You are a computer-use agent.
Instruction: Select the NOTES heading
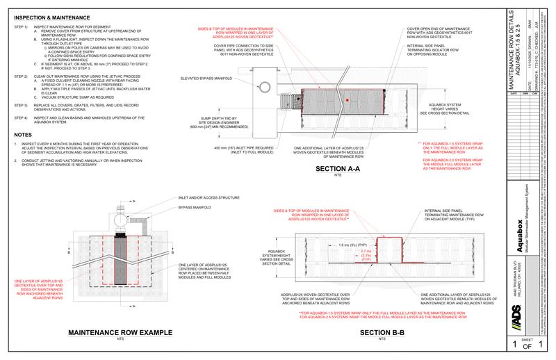[x=24, y=135]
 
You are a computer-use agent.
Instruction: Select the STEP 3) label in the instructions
[x=21, y=104]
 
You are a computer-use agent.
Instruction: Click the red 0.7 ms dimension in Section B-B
[x=366, y=252]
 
